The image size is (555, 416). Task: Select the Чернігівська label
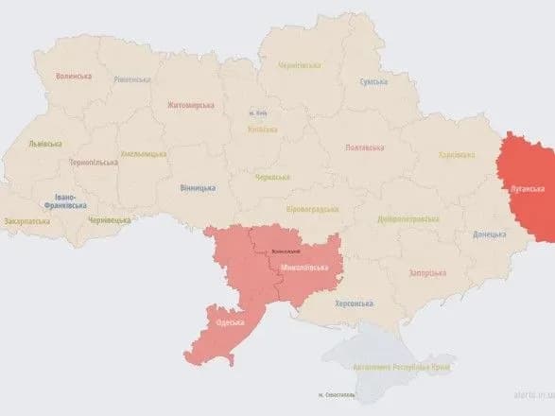[300, 64]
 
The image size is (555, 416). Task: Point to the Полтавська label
[364, 147]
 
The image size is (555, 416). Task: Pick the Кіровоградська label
[312, 208]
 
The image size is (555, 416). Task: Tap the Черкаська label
[273, 176]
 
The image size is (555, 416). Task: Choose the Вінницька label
[197, 187]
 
